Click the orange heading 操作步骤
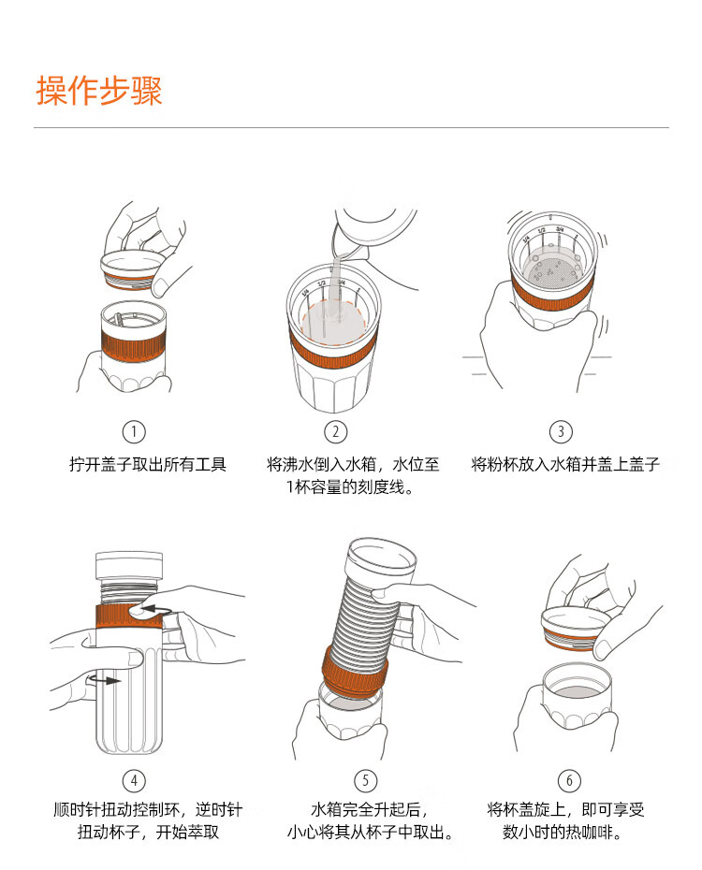pyautogui.click(x=99, y=91)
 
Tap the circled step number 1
pyautogui.click(x=134, y=431)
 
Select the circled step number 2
pyautogui.click(x=336, y=431)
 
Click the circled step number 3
pyautogui.click(x=561, y=431)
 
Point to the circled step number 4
pyautogui.click(x=134, y=781)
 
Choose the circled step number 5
pyautogui.click(x=365, y=781)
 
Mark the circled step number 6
pyautogui.click(x=569, y=781)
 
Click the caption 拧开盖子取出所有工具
pyautogui.click(x=148, y=464)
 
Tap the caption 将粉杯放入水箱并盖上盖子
pyautogui.click(x=565, y=464)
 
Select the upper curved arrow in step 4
pyautogui.click(x=156, y=610)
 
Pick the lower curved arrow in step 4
pyautogui.click(x=104, y=679)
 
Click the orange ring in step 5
pyautogui.click(x=355, y=672)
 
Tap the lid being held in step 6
pyautogui.click(x=576, y=629)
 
